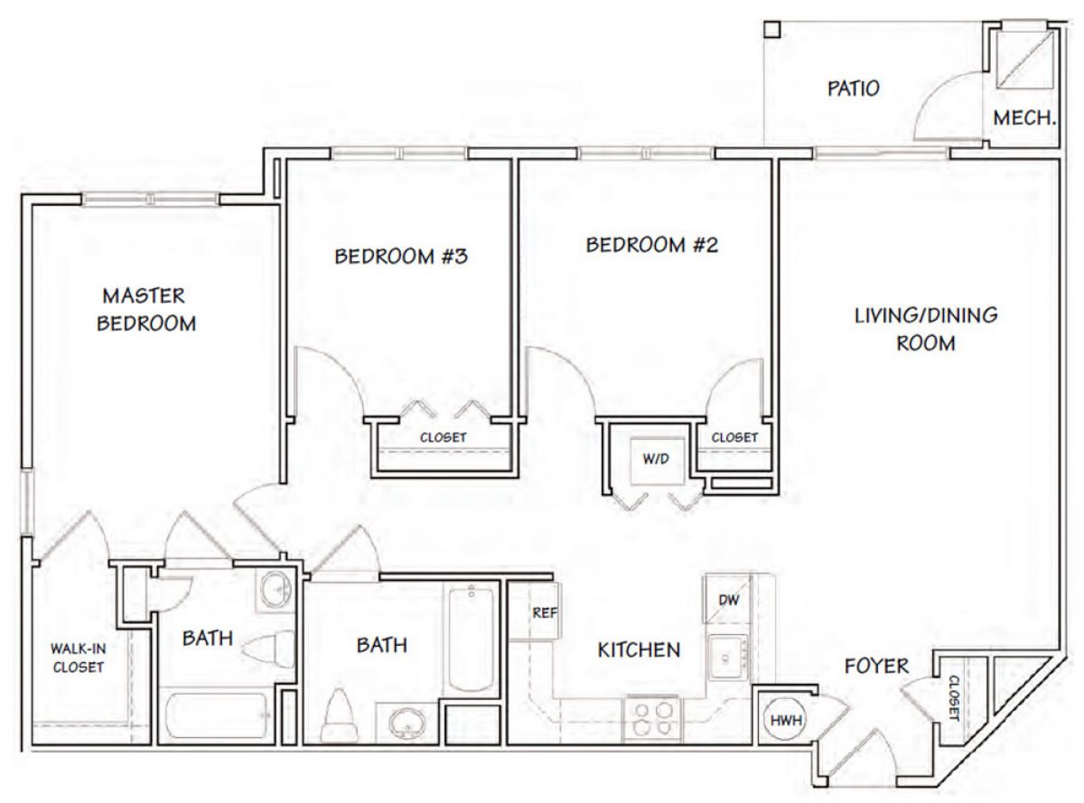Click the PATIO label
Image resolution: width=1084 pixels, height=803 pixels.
pos(854,89)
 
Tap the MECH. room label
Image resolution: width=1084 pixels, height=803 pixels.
pos(1023,117)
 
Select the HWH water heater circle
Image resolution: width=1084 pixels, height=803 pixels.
pos(785,720)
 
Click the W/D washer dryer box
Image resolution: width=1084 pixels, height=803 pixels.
pos(656,459)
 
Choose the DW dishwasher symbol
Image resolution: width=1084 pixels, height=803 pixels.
pos(727,600)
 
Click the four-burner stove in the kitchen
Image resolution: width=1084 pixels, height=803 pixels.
pos(651,719)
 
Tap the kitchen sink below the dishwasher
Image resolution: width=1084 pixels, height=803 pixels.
pos(728,657)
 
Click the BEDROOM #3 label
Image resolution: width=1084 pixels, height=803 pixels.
pos(401,257)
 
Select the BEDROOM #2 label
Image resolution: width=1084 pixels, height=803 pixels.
pos(652,245)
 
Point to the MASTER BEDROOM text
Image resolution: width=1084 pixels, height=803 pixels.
pos(145,310)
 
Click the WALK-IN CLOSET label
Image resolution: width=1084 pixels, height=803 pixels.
pos(79,658)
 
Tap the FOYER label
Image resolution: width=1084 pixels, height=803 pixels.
pos(877,666)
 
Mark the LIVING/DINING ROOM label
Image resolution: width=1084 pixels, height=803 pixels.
pos(926,330)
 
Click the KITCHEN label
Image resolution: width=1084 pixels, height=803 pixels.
pos(639,650)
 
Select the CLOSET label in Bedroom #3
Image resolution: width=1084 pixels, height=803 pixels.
pos(444,437)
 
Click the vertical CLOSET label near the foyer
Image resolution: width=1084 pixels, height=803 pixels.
pos(954,698)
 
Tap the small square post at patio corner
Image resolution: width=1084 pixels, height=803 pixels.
pos(772,29)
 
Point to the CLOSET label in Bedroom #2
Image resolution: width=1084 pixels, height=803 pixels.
pos(734,437)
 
